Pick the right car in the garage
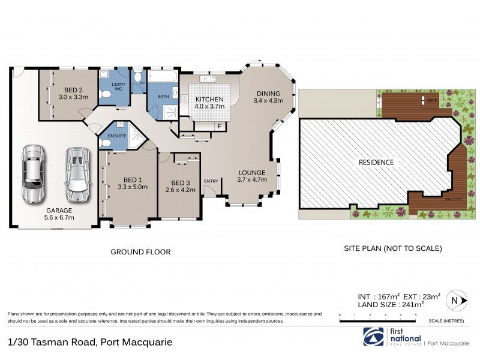tap(76, 173)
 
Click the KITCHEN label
tap(209, 99)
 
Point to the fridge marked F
tap(220, 126)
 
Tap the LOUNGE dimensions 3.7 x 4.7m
tap(251, 179)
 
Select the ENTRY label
tap(211, 181)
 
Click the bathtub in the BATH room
tap(162, 79)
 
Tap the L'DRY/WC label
tap(118, 87)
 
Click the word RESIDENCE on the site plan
tap(376, 162)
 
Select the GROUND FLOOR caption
tap(140, 253)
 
